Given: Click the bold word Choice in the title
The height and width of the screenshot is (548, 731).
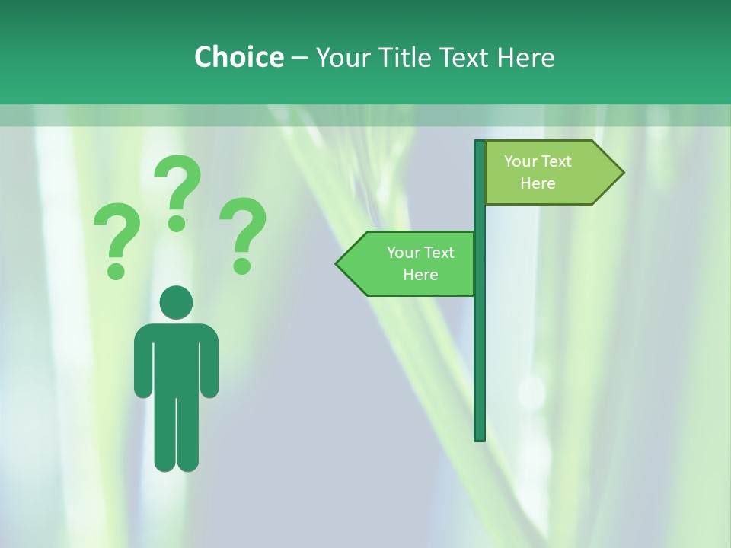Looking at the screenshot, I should (x=238, y=57).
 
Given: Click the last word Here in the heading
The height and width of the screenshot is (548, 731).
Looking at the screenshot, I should (x=525, y=57).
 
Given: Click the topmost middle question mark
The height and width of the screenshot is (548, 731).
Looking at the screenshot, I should (x=177, y=190).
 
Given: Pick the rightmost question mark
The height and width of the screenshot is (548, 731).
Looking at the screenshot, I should (x=243, y=232).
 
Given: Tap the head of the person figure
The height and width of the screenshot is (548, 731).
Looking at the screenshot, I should (x=176, y=302).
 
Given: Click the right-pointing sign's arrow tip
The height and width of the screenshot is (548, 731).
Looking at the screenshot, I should (x=620, y=173).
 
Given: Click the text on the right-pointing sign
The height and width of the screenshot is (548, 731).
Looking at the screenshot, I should (x=538, y=172).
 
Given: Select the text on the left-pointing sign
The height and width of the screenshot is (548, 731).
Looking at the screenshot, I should (x=420, y=263).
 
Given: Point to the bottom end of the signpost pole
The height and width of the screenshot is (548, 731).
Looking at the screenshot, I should (x=480, y=437).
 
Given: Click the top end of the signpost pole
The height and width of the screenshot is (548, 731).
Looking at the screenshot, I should (x=480, y=144).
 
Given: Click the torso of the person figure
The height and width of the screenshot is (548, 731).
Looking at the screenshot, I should (x=176, y=358).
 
